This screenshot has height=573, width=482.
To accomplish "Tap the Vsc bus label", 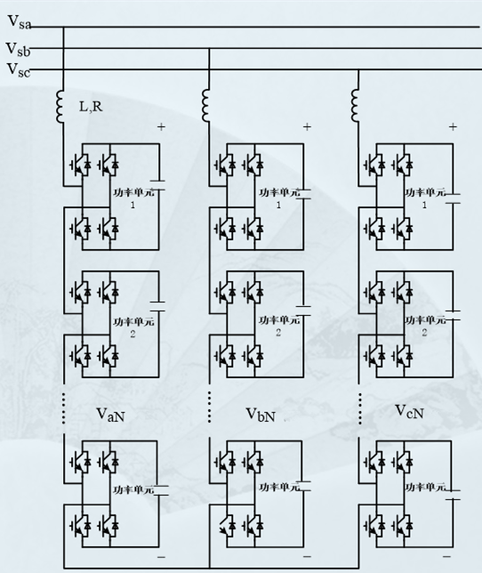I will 18,69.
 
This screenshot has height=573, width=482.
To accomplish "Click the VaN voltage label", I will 113,415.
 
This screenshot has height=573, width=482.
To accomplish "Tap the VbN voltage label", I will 262,415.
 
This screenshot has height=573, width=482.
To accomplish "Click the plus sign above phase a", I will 161,127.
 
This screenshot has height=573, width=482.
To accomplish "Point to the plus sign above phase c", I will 453,127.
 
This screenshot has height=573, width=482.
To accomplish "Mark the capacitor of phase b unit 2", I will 305,312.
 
